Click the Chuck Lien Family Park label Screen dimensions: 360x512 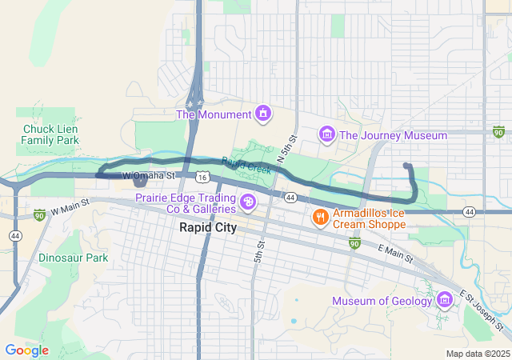click(50, 134)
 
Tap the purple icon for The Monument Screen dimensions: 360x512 click(262, 114)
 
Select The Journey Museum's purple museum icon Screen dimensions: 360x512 click(326, 135)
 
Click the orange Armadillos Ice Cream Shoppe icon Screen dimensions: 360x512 click(319, 217)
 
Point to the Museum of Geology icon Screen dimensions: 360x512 click(445, 301)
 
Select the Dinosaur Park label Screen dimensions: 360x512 click(73, 258)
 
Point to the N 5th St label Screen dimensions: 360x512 click(286, 150)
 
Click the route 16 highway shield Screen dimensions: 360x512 click(204, 175)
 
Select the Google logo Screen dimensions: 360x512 click(26, 350)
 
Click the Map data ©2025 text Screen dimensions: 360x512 click(477, 354)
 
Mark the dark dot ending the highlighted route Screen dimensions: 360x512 click(407, 166)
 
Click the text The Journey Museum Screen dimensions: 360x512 click(393, 135)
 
